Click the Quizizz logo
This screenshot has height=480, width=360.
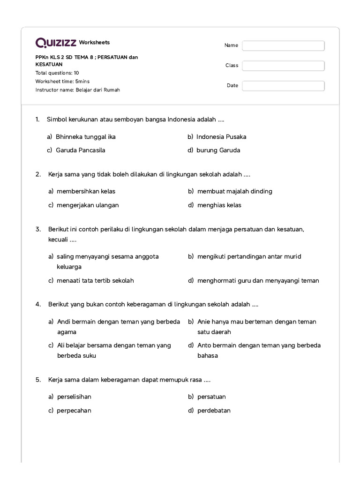pyautogui.click(x=56, y=43)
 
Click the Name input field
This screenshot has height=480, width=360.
pyautogui.click(x=283, y=45)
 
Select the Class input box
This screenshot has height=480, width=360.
pyautogui.click(x=283, y=66)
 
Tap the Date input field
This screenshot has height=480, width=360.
pyautogui.click(x=283, y=86)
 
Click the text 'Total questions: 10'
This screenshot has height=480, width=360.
pyautogui.click(x=57, y=73)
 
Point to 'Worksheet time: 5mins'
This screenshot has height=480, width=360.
pyautogui.click(x=62, y=82)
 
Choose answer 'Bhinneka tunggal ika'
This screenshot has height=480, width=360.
pyautogui.click(x=85, y=137)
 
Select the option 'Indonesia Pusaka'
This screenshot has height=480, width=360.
pyautogui.click(x=221, y=137)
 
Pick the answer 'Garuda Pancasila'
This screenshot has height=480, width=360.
pyautogui.click(x=80, y=150)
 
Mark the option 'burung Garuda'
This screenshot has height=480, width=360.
pyautogui.click(x=218, y=150)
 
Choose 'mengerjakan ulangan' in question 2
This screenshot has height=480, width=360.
pyautogui.click(x=88, y=205)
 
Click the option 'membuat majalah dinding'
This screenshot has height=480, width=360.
pyautogui.click(x=234, y=191)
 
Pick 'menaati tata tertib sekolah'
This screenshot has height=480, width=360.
pyautogui.click(x=95, y=281)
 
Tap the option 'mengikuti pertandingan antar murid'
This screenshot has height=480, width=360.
pyautogui.click(x=249, y=256)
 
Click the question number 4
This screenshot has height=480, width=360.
pyautogui.click(x=38, y=305)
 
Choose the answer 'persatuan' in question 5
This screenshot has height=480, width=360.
pyautogui.click(x=211, y=397)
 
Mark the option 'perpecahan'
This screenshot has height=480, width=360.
pyautogui.click(x=74, y=411)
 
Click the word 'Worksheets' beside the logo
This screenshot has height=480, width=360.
pyautogui.click(x=94, y=43)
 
